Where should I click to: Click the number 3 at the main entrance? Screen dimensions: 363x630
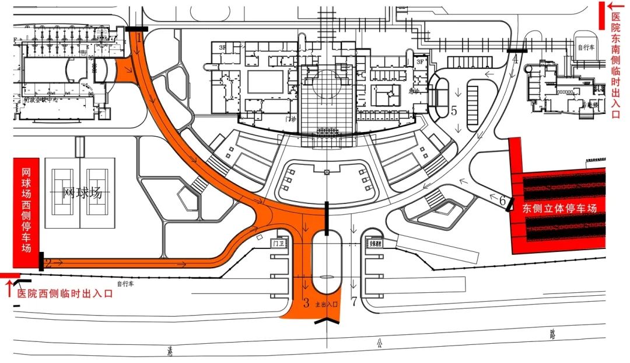(306, 303)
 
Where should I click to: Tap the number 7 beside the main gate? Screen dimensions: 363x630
(354, 302)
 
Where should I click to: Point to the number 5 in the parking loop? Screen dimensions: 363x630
(453, 110)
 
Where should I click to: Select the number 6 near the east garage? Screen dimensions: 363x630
(502, 199)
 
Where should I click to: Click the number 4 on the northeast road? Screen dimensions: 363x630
(515, 58)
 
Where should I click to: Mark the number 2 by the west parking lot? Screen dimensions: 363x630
(49, 264)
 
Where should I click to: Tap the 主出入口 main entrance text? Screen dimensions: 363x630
(326, 305)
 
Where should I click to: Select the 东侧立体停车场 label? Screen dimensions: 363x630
(559, 208)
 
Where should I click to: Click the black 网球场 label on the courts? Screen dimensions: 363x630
(82, 192)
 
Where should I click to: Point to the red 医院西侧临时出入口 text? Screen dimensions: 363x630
(64, 294)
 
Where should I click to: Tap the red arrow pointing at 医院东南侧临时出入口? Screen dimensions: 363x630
(614, 6)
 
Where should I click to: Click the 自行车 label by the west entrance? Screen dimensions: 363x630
(125, 284)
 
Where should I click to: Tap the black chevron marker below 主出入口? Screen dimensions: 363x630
(327, 320)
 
